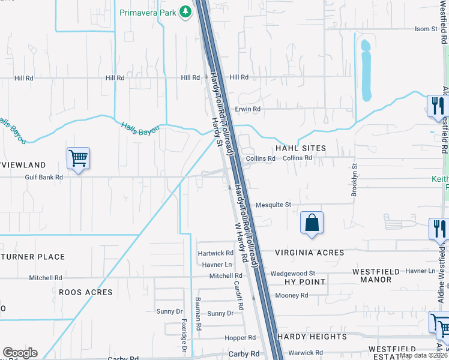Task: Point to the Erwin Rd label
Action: click(247, 109)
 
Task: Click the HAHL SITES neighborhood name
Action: click(300, 148)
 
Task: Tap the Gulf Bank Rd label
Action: click(44, 177)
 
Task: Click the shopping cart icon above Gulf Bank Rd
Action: click(78, 159)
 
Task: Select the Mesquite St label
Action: click(273, 205)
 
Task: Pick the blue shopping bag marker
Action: click(312, 223)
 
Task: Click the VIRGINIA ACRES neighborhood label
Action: click(310, 253)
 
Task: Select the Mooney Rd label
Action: click(291, 295)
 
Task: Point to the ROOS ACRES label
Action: click(85, 292)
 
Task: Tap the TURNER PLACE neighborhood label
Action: click(33, 257)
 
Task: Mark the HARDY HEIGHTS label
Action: click(312, 337)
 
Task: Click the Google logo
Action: click(20, 353)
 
